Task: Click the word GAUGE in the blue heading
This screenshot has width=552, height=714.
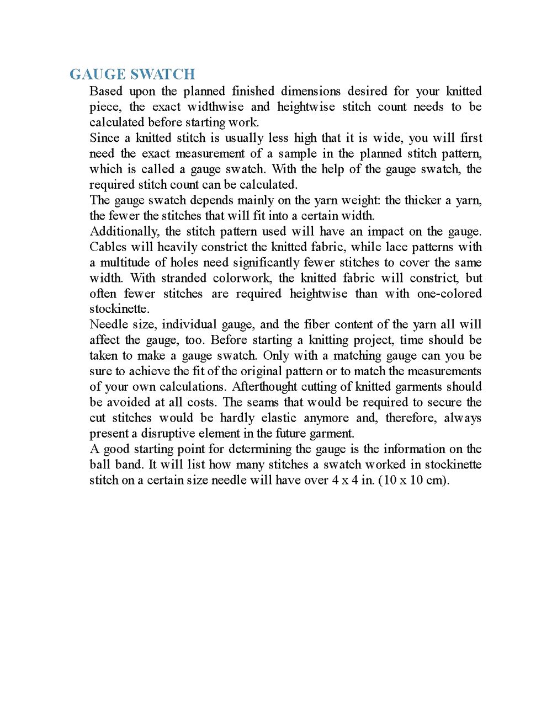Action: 98,74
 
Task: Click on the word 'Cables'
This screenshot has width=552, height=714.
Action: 108,247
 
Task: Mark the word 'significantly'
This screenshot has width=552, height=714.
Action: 274,262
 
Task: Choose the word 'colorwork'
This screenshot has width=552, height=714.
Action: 242,278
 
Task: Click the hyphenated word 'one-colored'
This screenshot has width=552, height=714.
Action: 449,294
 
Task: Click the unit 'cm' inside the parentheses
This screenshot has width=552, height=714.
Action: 434,480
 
